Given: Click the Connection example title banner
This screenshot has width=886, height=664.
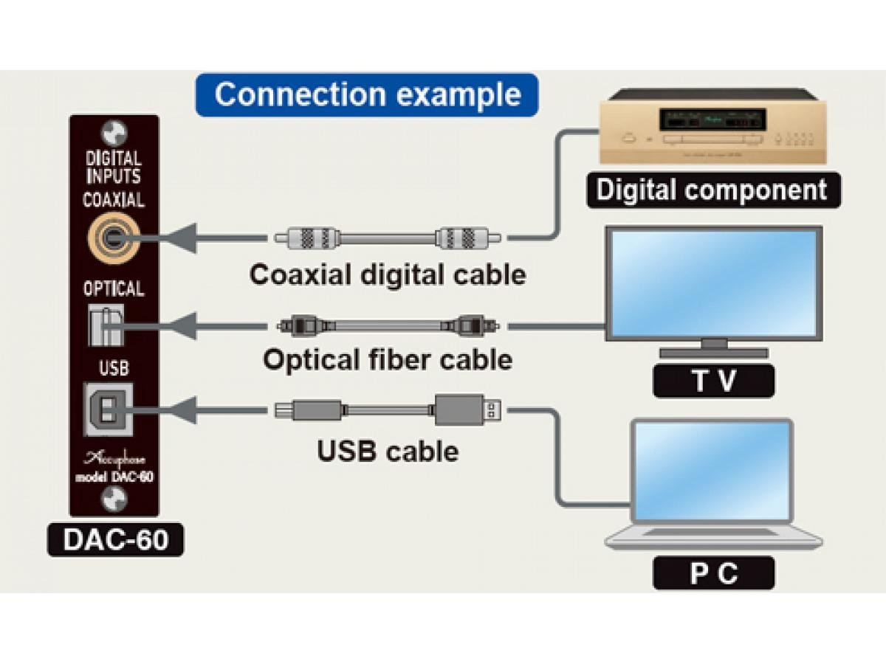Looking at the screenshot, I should pyautogui.click(x=367, y=94).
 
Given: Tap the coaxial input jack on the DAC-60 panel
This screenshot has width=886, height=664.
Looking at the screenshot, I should pyautogui.click(x=113, y=237).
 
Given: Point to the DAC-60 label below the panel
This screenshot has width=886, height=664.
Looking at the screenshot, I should pyautogui.click(x=114, y=540).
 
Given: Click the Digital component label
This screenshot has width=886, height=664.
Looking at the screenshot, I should pyautogui.click(x=712, y=190).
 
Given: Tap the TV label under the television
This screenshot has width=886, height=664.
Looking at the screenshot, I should pyautogui.click(x=713, y=381).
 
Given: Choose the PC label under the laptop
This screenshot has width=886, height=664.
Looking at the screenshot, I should pyautogui.click(x=713, y=573).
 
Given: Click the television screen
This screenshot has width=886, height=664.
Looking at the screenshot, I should pyautogui.click(x=714, y=283).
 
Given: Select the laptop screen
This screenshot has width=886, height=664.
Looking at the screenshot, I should pyautogui.click(x=712, y=470).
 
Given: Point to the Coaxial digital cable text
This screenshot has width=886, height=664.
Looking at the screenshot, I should pyautogui.click(x=388, y=274).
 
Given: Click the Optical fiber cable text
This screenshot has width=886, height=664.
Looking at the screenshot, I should pyautogui.click(x=388, y=360).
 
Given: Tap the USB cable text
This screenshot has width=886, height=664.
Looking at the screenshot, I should pyautogui.click(x=388, y=450).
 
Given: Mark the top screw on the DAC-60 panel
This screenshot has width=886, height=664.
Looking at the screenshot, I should pyautogui.click(x=114, y=133).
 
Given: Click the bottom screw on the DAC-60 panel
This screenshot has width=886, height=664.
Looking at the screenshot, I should pyautogui.click(x=114, y=500).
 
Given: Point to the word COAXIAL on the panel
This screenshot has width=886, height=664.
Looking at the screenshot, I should pyautogui.click(x=114, y=199).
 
